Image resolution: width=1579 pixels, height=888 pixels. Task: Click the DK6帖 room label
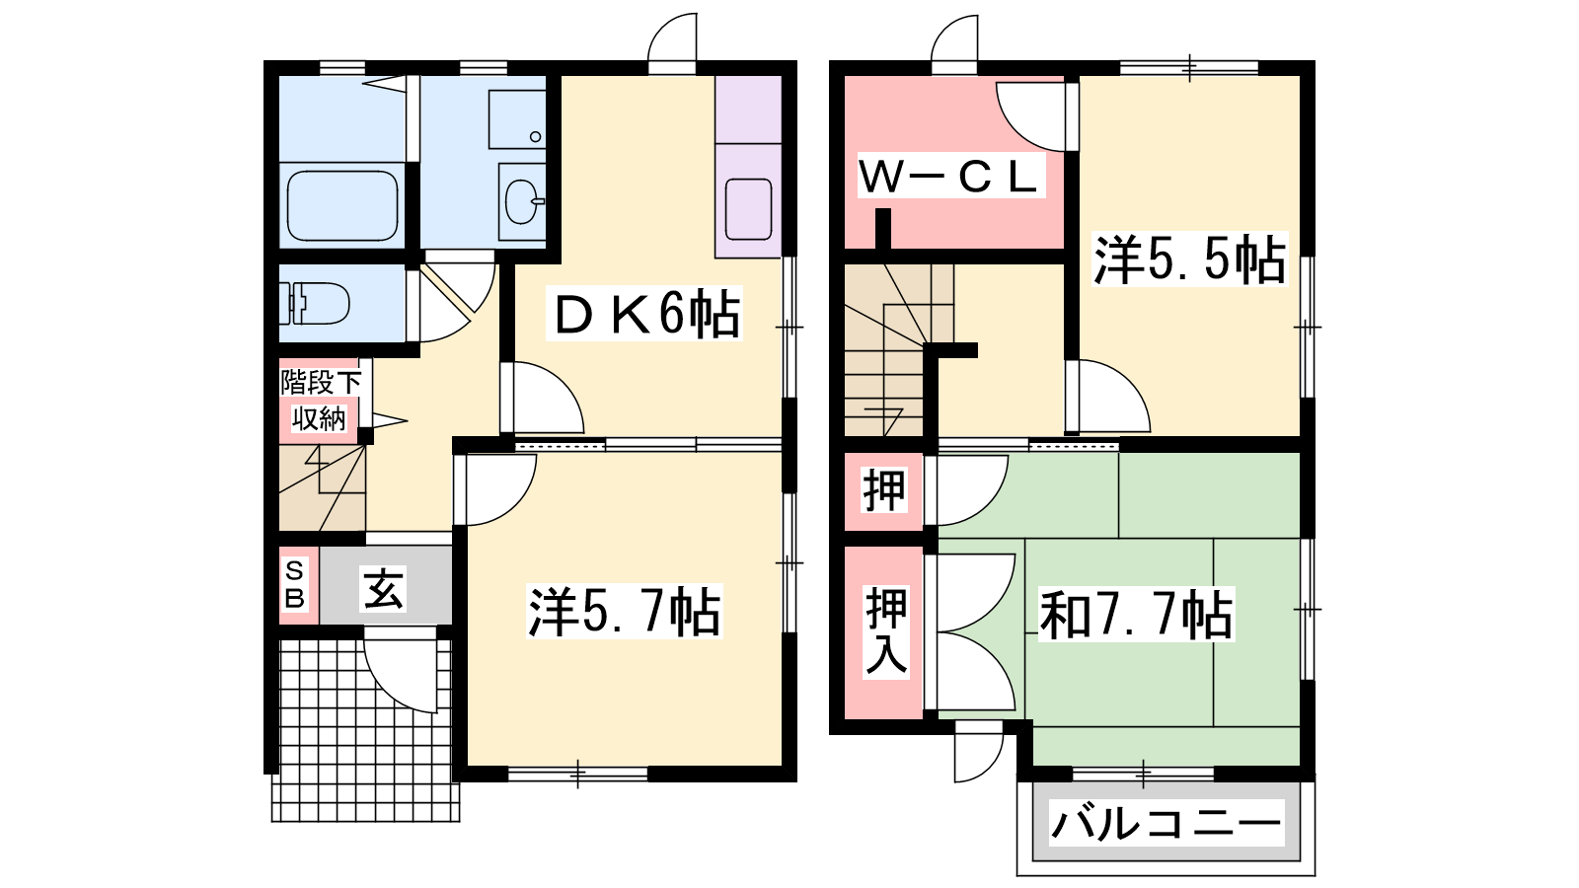point(644,315)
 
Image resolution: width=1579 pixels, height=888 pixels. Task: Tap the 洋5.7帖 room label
point(625,612)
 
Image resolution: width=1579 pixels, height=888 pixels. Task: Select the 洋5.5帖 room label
point(1190,259)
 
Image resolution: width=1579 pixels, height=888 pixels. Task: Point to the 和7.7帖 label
point(1136,615)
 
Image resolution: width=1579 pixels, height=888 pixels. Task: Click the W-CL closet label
point(950,177)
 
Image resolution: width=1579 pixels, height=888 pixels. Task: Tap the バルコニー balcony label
point(1165,824)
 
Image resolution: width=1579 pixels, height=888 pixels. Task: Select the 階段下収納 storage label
point(321,401)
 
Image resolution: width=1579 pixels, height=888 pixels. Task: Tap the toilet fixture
point(315,303)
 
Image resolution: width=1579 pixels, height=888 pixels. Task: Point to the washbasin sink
point(523,201)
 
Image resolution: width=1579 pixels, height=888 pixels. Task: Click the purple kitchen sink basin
point(748,208)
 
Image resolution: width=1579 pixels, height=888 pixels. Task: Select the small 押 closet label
point(884,490)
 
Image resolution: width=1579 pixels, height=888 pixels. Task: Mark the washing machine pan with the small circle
point(517,119)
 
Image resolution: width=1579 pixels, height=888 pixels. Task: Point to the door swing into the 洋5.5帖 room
point(1108,396)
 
